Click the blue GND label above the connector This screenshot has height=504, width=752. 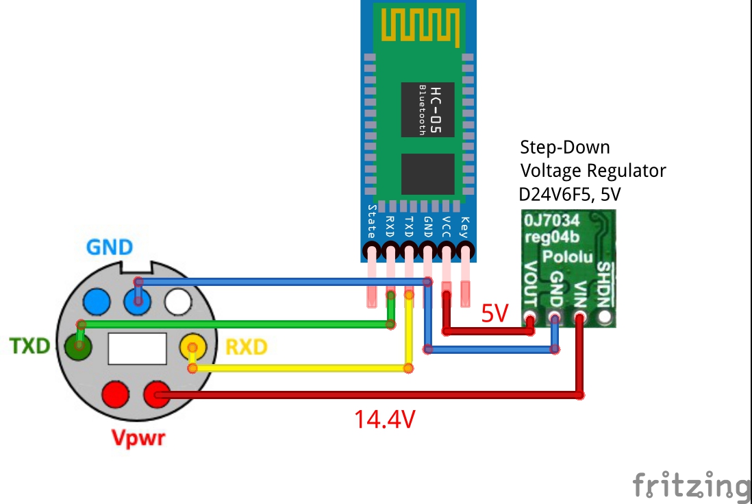(110, 248)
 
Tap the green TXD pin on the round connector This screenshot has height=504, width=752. (79, 346)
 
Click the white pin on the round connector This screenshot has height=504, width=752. (178, 300)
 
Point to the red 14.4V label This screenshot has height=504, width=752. (384, 418)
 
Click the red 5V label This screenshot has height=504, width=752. (495, 313)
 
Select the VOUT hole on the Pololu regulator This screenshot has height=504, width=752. (529, 318)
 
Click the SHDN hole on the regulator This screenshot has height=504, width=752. (605, 317)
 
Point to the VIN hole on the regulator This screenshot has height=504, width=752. (580, 318)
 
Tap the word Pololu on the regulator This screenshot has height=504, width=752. (568, 256)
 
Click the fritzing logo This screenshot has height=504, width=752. (690, 484)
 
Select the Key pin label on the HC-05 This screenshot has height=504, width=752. (465, 226)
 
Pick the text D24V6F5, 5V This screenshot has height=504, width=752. (571, 194)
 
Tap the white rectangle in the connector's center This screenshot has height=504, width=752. (137, 348)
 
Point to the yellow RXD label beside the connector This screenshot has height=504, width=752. (246, 348)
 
